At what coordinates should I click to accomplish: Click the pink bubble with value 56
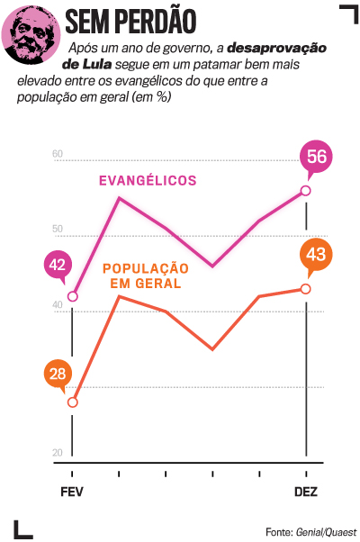(x=316, y=156)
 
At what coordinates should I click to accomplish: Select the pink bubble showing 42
(x=58, y=265)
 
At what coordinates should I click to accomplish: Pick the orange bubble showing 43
(x=316, y=255)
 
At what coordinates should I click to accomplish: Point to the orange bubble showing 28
(x=58, y=374)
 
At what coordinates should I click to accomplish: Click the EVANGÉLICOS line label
(x=147, y=181)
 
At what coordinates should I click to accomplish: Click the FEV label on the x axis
(x=72, y=492)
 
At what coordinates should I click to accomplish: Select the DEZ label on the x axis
(x=305, y=492)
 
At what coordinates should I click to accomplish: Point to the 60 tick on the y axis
(x=58, y=155)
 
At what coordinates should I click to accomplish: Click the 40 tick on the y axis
(x=58, y=305)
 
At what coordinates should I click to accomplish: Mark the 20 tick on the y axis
(x=58, y=453)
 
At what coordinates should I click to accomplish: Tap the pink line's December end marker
(x=306, y=191)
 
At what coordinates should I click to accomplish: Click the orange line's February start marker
(x=73, y=402)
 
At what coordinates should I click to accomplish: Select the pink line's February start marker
(x=73, y=296)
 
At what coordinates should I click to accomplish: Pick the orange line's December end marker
(x=306, y=289)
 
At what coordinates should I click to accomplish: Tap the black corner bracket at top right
(x=346, y=13)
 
